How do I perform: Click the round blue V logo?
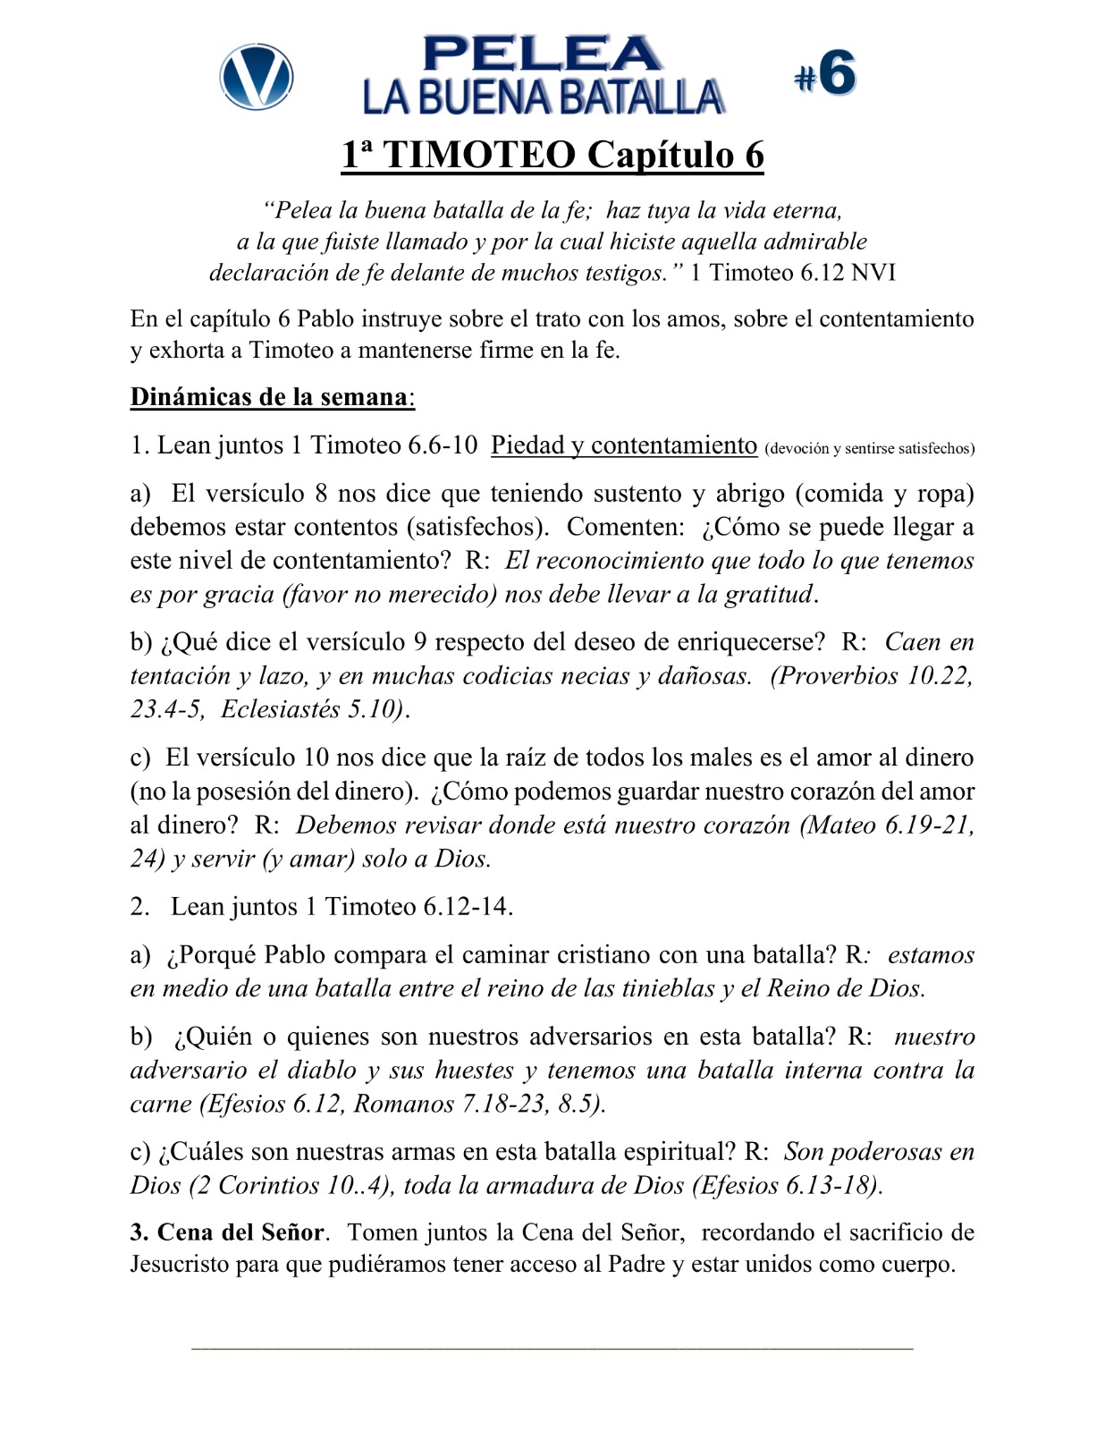257,76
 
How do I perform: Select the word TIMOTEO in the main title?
480,155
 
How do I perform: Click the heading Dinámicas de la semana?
271,396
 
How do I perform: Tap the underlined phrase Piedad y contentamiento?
624,445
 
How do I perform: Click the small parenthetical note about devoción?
869,448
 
